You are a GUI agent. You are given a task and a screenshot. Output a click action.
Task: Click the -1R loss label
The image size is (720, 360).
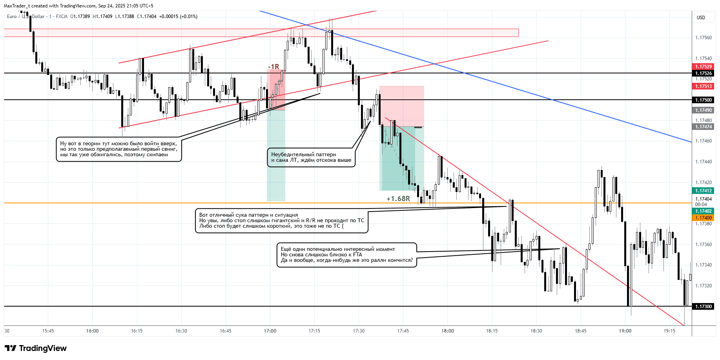tap(273, 67)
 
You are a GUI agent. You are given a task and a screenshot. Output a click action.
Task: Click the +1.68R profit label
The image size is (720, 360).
tap(398, 199)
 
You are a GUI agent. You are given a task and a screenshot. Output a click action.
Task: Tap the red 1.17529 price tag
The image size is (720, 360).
tap(704, 67)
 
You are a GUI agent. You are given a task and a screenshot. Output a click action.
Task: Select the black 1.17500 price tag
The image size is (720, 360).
tap(704, 100)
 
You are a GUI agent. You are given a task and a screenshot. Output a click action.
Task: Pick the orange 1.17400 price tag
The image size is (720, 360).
tap(704, 218)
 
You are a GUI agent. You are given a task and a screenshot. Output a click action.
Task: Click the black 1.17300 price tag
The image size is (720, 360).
tap(704, 307)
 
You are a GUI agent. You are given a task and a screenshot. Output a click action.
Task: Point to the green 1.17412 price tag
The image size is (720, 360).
tap(704, 191)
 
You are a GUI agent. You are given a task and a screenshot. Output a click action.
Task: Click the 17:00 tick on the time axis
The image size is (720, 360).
tap(270, 331)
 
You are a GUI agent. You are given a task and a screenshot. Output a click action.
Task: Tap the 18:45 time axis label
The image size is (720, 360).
tap(581, 331)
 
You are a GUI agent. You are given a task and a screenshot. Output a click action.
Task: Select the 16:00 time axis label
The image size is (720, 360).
tap(93, 331)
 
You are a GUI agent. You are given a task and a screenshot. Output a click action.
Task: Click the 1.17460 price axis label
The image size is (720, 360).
tap(704, 141)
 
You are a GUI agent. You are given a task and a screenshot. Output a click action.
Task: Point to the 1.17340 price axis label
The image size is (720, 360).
tap(704, 265)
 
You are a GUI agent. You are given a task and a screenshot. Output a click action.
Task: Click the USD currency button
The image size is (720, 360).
tap(701, 18)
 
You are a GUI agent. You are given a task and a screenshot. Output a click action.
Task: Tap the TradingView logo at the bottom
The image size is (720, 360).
tap(36, 348)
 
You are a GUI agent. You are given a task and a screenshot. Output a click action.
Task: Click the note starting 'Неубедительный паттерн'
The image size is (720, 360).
tap(311, 157)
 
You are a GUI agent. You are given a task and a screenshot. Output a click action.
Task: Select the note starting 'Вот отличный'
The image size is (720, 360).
tap(281, 221)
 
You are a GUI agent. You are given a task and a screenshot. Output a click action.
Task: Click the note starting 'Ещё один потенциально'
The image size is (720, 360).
tap(347, 255)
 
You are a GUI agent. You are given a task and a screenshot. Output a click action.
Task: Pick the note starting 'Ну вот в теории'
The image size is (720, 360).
tap(119, 149)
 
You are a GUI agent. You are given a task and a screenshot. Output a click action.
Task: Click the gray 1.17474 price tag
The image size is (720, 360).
tap(704, 127)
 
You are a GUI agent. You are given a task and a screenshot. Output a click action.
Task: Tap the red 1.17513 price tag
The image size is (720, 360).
tap(704, 86)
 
